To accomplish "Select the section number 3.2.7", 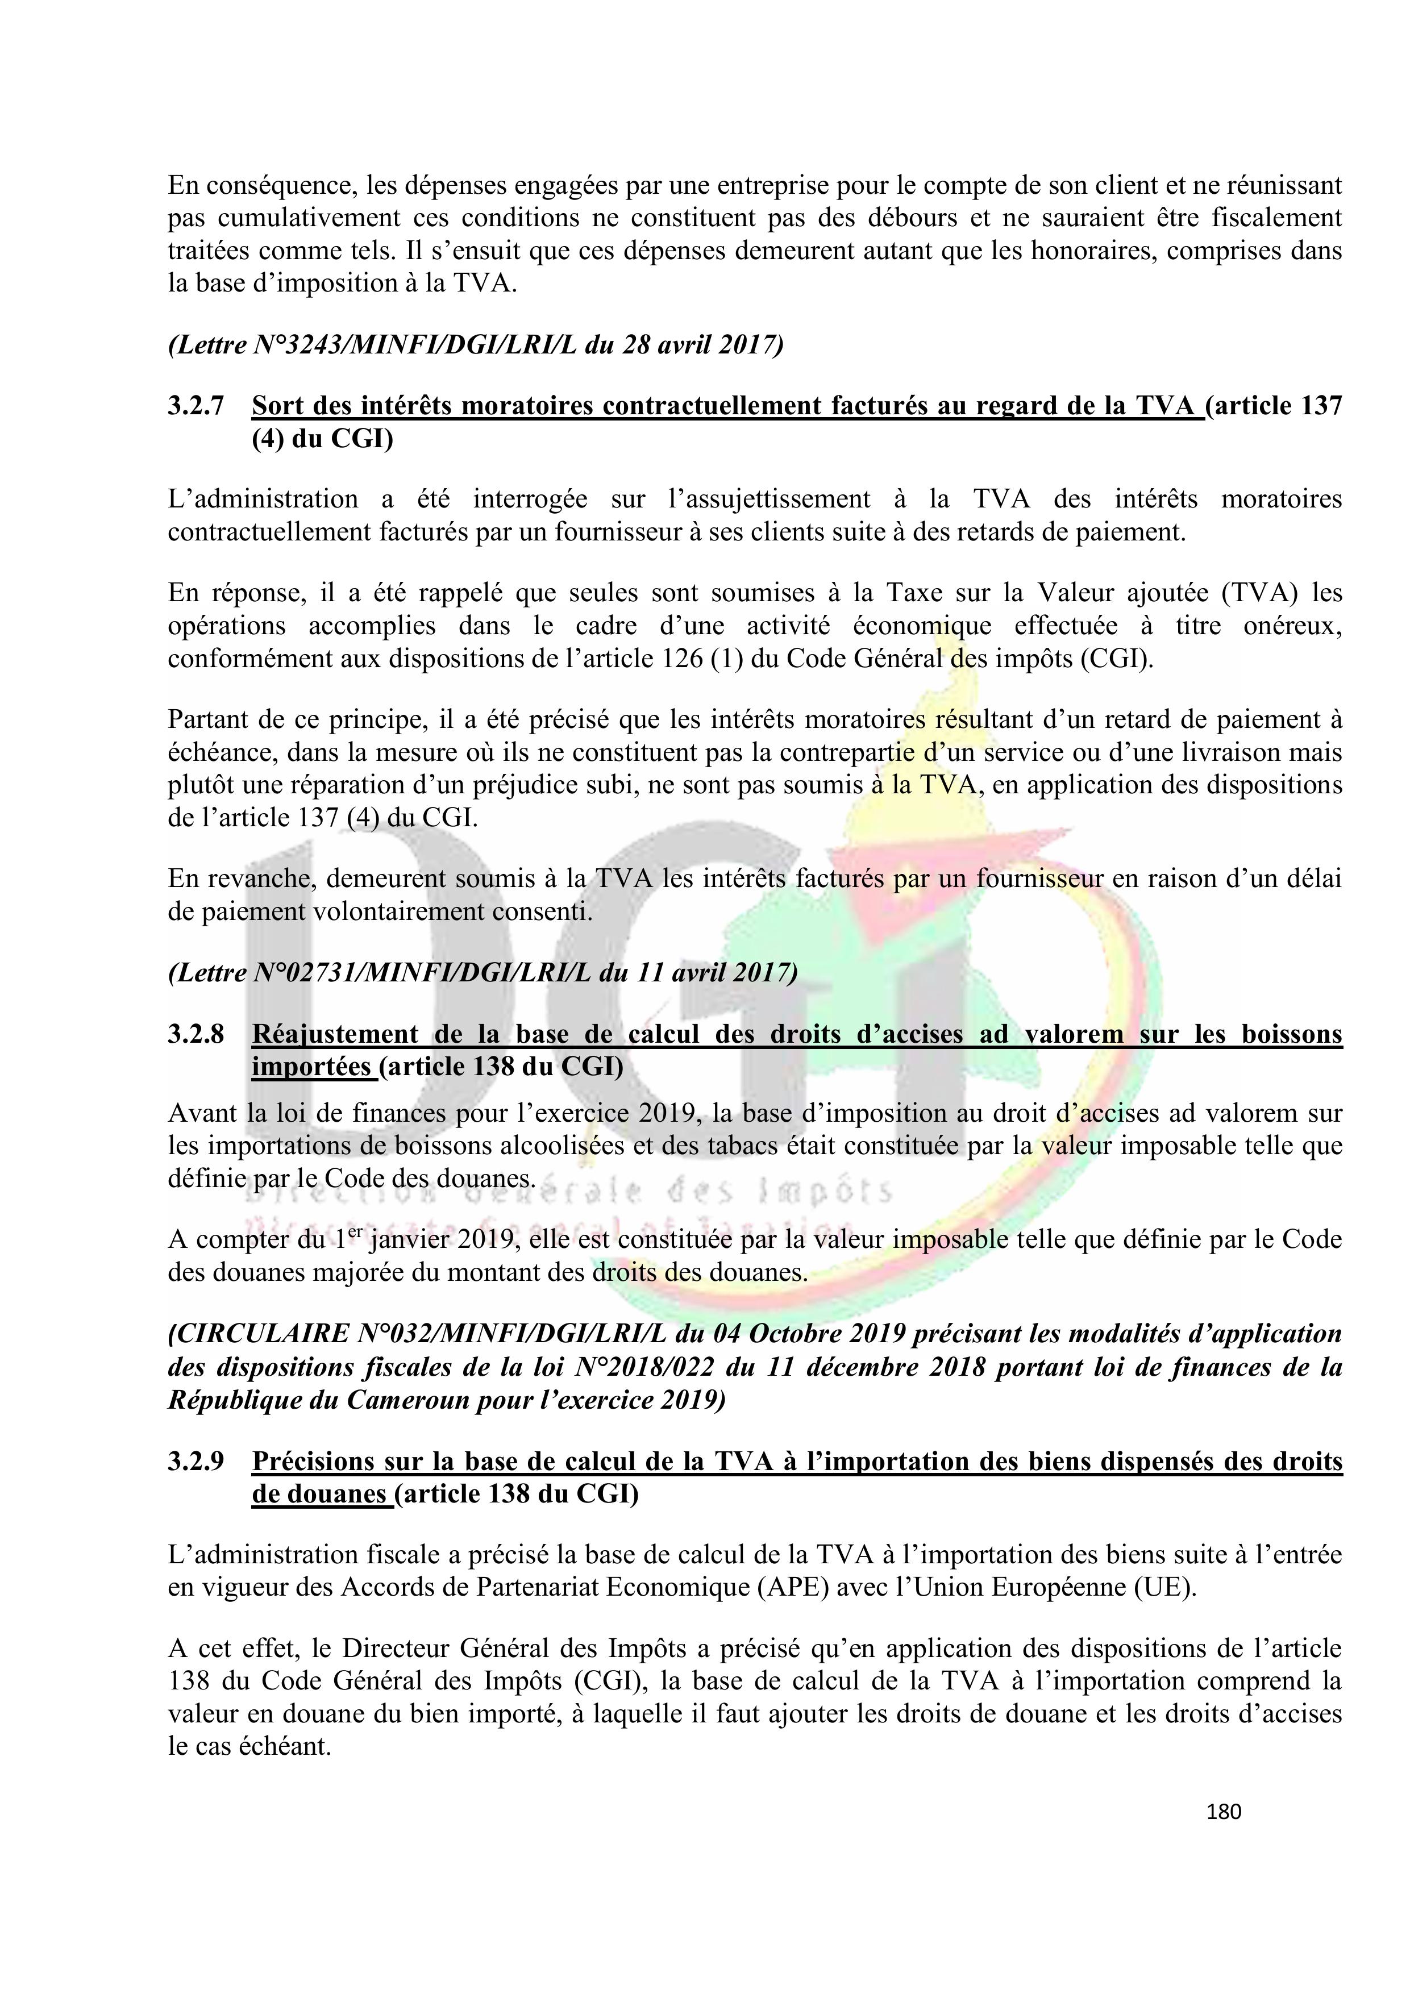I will point(196,406).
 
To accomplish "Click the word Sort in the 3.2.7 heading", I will point(276,406).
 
